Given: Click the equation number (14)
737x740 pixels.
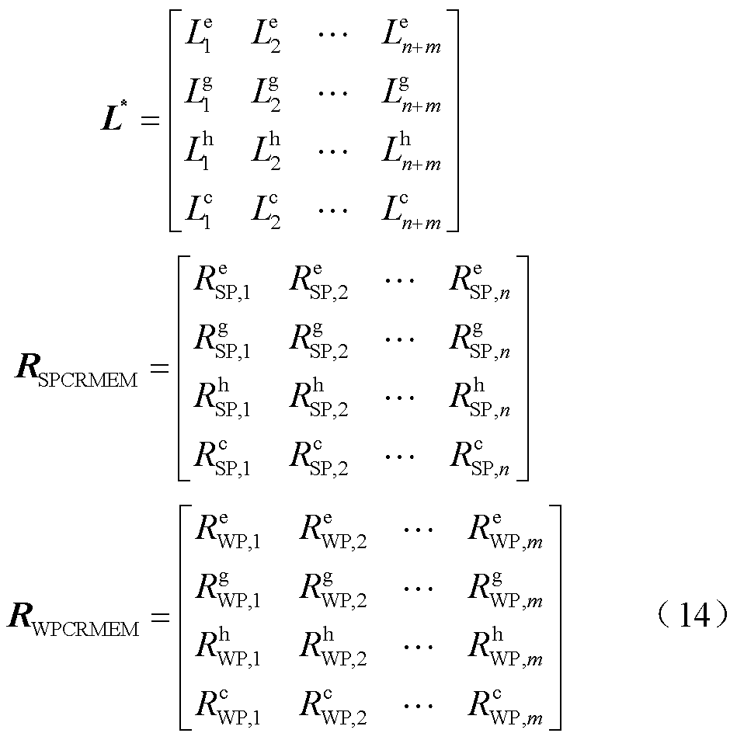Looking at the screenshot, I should pyautogui.click(x=690, y=616).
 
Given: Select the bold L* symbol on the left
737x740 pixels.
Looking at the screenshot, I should pyautogui.click(x=116, y=120).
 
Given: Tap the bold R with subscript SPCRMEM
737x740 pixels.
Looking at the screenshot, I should pyautogui.click(x=76, y=368).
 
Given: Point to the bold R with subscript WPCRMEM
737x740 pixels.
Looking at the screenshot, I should pyautogui.click(x=74, y=618).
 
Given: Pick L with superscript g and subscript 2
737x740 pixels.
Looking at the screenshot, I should pyautogui.click(x=265, y=96).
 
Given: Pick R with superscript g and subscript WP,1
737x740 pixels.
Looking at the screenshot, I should pyautogui.click(x=227, y=590).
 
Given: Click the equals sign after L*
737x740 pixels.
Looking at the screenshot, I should pyautogui.click(x=149, y=121).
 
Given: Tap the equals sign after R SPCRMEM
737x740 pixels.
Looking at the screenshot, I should pyautogui.click(x=159, y=368).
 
